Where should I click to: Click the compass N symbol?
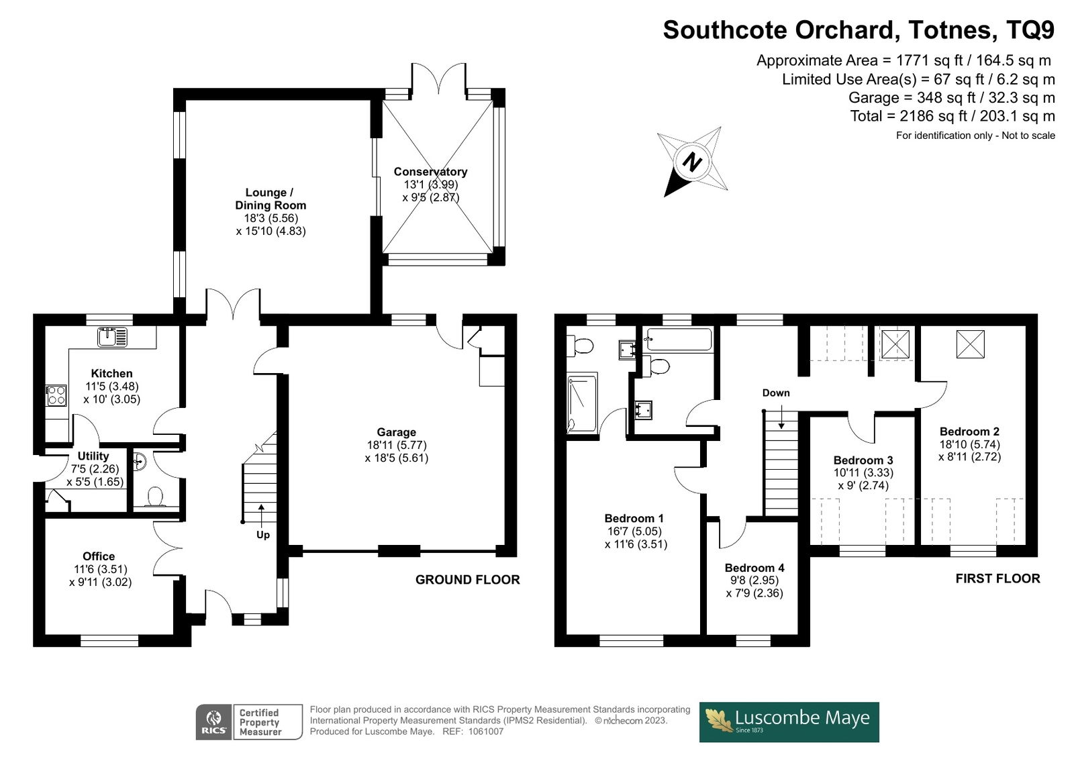(x=692, y=162)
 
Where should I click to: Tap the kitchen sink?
(x=112, y=337)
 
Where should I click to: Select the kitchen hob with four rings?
(x=56, y=396)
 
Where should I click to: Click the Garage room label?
(x=396, y=432)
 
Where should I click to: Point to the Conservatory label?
(x=430, y=172)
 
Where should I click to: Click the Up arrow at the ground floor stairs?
(x=261, y=515)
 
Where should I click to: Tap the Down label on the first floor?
(x=776, y=393)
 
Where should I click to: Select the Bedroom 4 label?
(x=754, y=568)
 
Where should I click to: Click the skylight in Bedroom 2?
(x=970, y=344)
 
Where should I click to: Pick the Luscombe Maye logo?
(x=789, y=722)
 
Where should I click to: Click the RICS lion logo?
(x=214, y=722)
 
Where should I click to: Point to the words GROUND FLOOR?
(x=467, y=580)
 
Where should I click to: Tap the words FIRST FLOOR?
(x=997, y=578)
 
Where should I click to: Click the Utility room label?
(x=93, y=456)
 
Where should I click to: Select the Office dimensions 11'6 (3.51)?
(x=100, y=569)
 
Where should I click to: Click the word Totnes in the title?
(x=950, y=30)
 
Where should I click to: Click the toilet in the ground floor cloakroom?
(x=155, y=496)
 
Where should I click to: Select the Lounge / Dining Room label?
(x=271, y=199)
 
